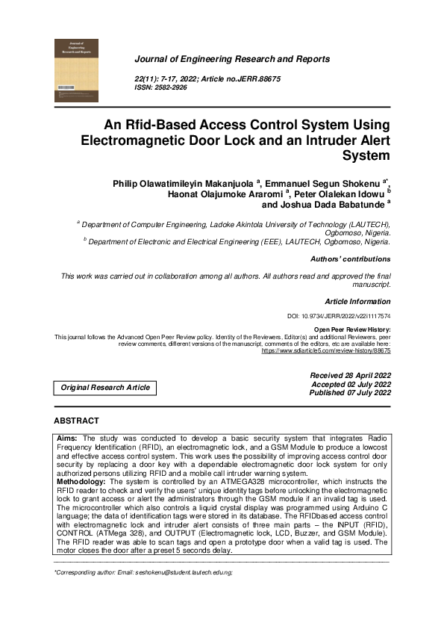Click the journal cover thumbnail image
76,70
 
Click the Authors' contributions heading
349,259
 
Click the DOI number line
339,317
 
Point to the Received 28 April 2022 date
350,375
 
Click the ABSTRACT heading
76,421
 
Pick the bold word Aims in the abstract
68,437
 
